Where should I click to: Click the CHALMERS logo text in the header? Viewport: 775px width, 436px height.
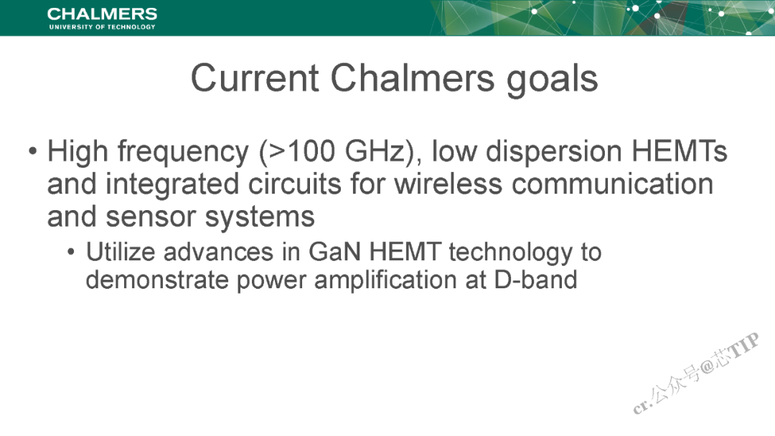(103, 14)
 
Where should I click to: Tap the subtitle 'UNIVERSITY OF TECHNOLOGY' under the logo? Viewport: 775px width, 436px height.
(103, 27)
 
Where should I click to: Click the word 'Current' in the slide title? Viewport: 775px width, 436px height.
(255, 78)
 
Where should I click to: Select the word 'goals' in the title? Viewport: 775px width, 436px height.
(553, 80)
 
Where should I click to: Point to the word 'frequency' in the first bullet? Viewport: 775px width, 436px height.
(183, 152)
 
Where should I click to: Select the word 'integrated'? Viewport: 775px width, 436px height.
(172, 185)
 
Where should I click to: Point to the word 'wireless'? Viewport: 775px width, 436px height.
(448, 184)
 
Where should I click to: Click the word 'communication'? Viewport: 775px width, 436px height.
(612, 184)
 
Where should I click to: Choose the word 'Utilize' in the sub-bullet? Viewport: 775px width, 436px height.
(121, 252)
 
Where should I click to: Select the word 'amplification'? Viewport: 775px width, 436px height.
(385, 281)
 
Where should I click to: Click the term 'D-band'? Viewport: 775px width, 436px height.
(536, 280)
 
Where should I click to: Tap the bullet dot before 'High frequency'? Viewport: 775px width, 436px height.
(32, 151)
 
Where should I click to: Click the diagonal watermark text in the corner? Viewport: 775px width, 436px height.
(696, 374)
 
